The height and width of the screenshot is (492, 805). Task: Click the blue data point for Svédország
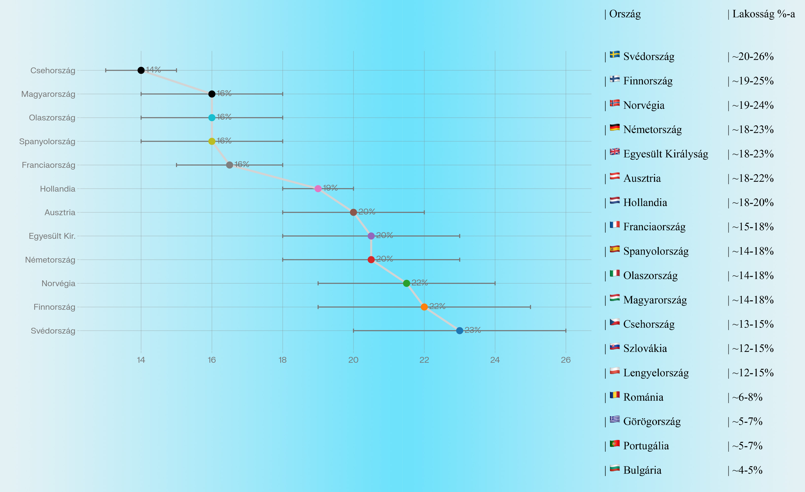[459, 331]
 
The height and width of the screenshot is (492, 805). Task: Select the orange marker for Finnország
[424, 307]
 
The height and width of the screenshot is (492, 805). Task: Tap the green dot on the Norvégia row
[406, 283]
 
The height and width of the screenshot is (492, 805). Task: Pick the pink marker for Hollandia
[318, 189]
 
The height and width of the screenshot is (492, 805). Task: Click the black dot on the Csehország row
[141, 70]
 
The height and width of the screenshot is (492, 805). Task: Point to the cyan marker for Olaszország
[212, 118]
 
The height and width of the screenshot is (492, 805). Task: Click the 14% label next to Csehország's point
[153, 69]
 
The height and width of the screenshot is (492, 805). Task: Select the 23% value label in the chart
[473, 330]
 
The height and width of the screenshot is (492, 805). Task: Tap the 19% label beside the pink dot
[330, 188]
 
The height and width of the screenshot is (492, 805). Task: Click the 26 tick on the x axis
[566, 360]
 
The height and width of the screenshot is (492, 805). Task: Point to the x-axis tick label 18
[283, 360]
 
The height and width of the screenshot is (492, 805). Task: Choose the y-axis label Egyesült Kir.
[52, 236]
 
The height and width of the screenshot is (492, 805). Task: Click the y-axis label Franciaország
[48, 165]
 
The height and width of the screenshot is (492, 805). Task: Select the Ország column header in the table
[625, 14]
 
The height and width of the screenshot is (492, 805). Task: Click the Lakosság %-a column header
[763, 14]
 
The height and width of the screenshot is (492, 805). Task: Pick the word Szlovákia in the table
[645, 348]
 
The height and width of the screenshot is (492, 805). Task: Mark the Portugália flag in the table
[615, 444]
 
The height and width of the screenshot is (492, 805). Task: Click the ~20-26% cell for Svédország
[752, 57]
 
